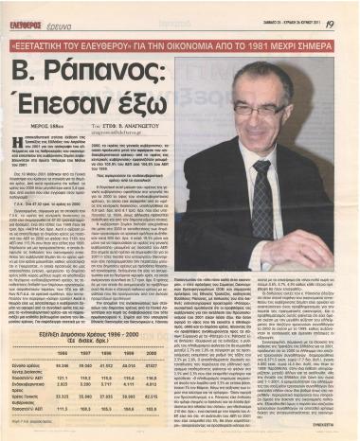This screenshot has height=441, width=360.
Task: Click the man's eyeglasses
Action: pos(252,109)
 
